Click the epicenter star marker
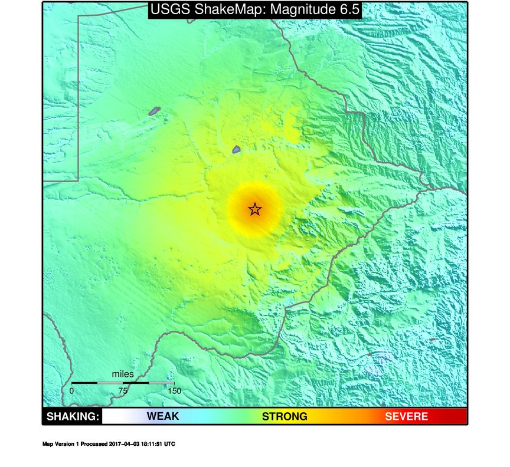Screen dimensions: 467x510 point(254,209)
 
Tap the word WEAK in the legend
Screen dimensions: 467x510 point(162,416)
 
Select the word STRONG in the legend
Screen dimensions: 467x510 point(285,416)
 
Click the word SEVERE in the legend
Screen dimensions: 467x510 point(407,416)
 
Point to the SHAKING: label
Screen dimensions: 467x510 point(72,416)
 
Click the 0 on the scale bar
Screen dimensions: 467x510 point(72,390)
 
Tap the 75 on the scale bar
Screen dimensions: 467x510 point(123,390)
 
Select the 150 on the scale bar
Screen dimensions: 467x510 point(174,390)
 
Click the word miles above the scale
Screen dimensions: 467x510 point(123,374)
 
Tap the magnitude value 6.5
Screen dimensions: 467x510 point(348,9)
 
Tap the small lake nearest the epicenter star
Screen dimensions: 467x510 point(236,150)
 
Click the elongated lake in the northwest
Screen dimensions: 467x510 point(155,110)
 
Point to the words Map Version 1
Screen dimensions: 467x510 point(60,444)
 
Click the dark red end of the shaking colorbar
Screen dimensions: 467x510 point(460,416)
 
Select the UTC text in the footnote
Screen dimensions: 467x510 point(170,444)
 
